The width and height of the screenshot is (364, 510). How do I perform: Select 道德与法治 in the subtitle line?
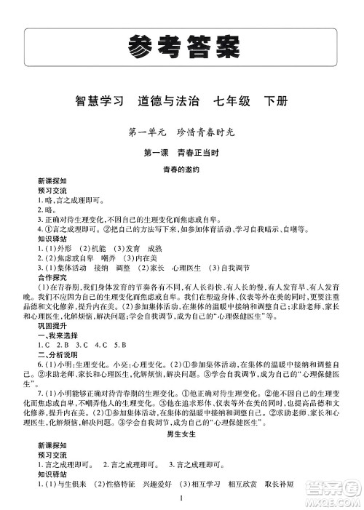pyautogui.click(x=170, y=101)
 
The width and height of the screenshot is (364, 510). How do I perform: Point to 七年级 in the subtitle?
pyautogui.click(x=229, y=101)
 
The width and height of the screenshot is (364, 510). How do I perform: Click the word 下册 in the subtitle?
pyautogui.click(x=276, y=101)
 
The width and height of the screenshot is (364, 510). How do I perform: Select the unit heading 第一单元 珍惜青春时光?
pyautogui.click(x=182, y=132)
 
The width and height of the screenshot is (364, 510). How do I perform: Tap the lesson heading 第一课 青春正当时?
pyautogui.click(x=182, y=151)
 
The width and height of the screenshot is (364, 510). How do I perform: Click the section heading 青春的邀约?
pyautogui.click(x=182, y=169)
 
